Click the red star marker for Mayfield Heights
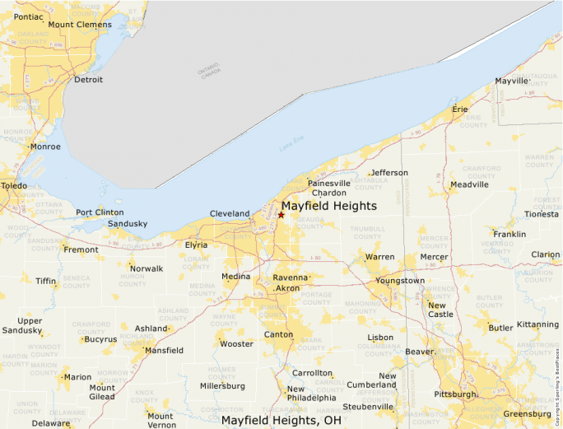pos(281,215)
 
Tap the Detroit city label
pos(88,80)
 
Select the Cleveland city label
pos(230,214)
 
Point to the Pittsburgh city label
pos(455,394)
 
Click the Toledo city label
pos(13,186)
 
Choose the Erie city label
pos(460,109)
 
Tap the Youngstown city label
pos(400,281)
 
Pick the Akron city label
pos(288,289)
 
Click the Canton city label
pos(278,334)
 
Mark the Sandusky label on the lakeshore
pos(128,224)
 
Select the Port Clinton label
pos(100,212)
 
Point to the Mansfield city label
pos(164,350)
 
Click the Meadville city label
pos(469,184)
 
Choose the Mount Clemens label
pos(79,24)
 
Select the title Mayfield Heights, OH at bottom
pos(281,420)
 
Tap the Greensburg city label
pos(527,413)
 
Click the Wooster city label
pos(236,343)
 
